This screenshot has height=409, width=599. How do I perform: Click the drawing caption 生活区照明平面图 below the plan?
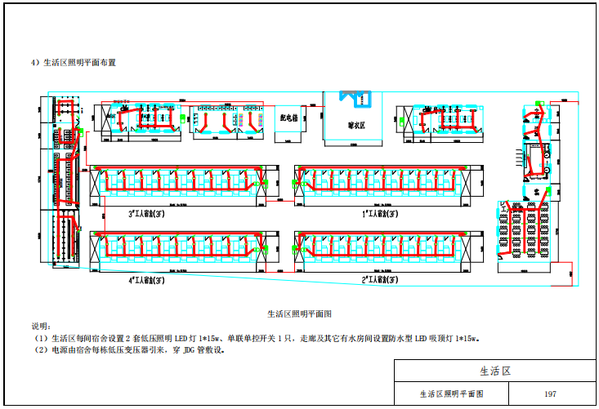point(299,313)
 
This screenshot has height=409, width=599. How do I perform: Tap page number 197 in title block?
point(550,393)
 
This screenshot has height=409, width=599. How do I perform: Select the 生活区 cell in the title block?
point(494,371)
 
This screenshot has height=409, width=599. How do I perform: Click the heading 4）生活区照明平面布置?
point(73,62)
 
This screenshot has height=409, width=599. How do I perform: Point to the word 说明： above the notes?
point(41,326)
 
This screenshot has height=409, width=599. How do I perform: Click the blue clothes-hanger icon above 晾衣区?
point(357,98)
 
